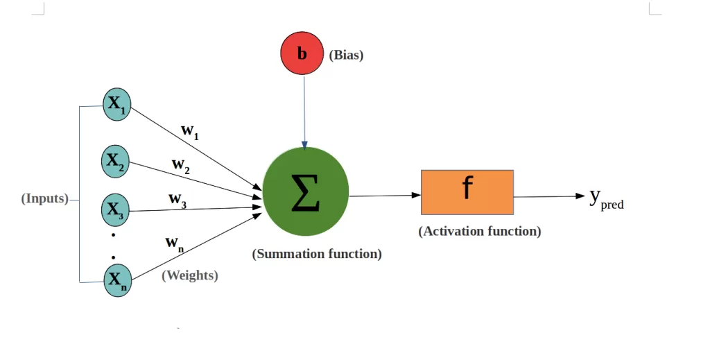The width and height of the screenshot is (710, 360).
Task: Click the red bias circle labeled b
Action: [302, 54]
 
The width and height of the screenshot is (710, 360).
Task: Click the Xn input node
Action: [116, 280]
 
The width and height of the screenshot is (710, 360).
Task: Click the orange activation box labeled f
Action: [467, 191]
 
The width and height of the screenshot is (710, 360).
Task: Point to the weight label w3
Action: [177, 199]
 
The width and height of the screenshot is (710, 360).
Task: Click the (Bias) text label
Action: [346, 55]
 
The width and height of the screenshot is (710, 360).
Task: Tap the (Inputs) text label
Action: [45, 199]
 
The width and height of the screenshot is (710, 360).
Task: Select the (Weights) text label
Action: [190, 275]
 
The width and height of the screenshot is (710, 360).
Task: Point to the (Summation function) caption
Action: [317, 254]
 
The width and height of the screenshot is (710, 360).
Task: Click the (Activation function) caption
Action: [480, 231]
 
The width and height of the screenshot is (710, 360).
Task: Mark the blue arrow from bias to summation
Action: [304, 111]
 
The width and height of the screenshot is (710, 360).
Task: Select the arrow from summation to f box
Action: [385, 196]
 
